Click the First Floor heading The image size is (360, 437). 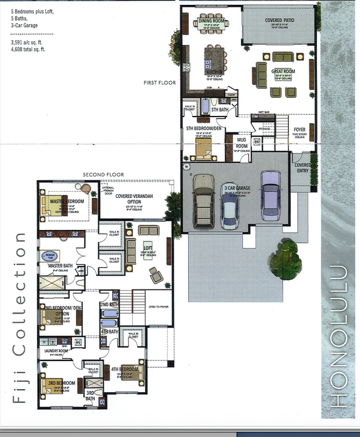(160, 83)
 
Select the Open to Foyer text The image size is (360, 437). (158, 307)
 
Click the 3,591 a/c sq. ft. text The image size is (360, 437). (28, 44)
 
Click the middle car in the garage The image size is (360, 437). (229, 206)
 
